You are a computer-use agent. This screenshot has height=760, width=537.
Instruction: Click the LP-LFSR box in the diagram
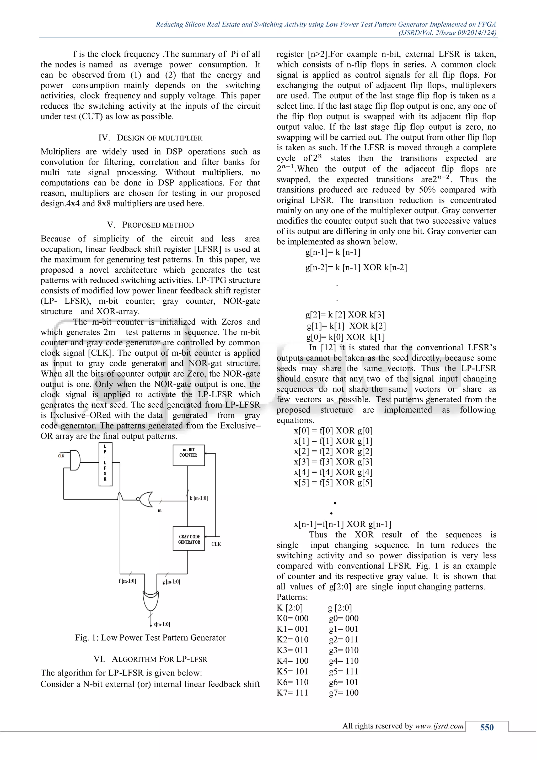click(x=105, y=465)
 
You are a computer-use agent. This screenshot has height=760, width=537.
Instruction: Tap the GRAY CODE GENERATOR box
click(x=189, y=539)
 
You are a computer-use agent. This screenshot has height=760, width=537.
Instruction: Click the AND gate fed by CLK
click(x=75, y=460)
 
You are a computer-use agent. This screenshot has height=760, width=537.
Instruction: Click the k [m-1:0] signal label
click(x=199, y=498)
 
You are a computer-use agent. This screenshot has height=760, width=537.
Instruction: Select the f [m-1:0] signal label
click(x=127, y=581)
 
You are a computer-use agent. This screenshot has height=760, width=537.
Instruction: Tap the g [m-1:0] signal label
click(x=171, y=582)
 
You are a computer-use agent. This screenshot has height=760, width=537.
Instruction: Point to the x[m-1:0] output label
click(x=162, y=624)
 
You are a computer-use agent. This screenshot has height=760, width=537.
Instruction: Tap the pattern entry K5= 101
click(x=292, y=671)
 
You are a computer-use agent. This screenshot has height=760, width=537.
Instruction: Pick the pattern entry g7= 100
click(x=343, y=693)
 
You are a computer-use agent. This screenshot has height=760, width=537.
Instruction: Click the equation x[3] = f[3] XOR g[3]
click(x=333, y=462)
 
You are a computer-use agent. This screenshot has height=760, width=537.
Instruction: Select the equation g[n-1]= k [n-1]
click(x=333, y=252)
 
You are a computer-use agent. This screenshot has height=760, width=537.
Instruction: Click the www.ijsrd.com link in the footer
click(x=439, y=726)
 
